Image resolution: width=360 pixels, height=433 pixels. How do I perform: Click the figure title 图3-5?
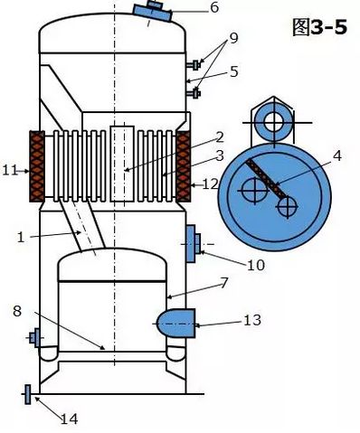tap(319, 26)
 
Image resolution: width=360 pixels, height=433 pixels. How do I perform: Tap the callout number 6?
tap(214, 7)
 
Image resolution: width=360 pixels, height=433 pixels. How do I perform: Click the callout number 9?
tap(233, 38)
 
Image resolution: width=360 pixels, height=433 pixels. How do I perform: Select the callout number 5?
tap(234, 71)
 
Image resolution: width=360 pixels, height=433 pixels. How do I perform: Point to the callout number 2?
tap(220, 137)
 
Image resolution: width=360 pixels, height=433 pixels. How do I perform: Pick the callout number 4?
tap(337, 155)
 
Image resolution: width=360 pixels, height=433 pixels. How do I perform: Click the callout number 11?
tap(10, 171)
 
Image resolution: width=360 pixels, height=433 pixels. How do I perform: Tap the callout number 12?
tap(210, 184)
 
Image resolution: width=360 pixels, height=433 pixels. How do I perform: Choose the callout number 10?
tap(256, 265)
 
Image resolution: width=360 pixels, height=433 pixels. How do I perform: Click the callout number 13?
tap(252, 320)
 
